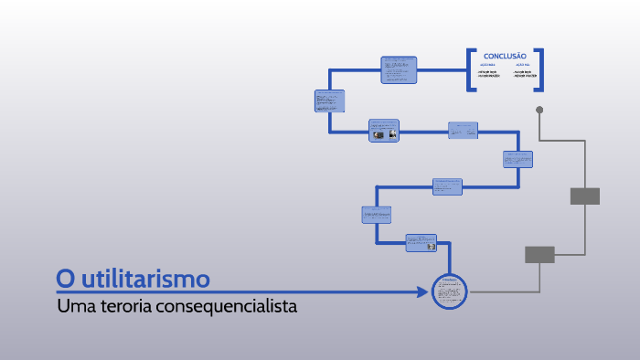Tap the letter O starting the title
coord(64,277)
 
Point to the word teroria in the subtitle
coord(123,306)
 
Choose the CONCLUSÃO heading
coord(505,56)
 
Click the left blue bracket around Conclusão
coord(471,69)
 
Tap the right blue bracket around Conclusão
coord(539,69)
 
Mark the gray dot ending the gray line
coord(539,110)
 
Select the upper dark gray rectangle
coord(584,196)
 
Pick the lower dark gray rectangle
coord(539,255)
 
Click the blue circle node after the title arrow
coord(449,291)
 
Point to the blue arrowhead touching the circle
coord(422,292)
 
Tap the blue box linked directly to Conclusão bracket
coord(399,69)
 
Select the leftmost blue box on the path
coord(329,101)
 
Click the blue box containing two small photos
coord(384,131)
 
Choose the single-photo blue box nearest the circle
coord(421,243)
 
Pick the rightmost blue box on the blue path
coord(517,159)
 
